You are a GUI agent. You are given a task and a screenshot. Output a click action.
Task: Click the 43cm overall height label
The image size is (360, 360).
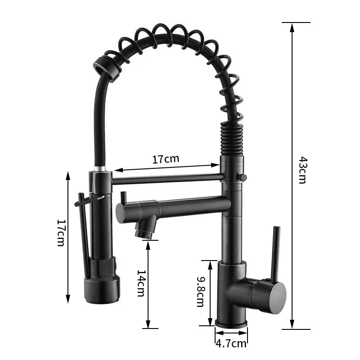pos(302,170)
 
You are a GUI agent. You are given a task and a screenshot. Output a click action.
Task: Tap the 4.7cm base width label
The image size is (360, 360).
pos(231,344)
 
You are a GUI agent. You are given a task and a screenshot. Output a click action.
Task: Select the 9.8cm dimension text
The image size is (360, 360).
pos(201,292)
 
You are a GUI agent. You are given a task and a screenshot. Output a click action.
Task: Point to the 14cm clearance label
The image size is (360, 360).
pos(141,283)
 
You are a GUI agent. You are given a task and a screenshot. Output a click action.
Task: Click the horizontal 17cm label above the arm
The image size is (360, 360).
pos(166,159)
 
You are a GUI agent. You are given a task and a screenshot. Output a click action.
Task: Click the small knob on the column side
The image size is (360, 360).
pos(243,177)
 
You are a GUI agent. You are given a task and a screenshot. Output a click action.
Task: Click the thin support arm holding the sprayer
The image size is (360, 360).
pos(166,179)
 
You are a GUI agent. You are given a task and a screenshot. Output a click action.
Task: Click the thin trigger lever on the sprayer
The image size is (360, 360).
pos(84,234)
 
